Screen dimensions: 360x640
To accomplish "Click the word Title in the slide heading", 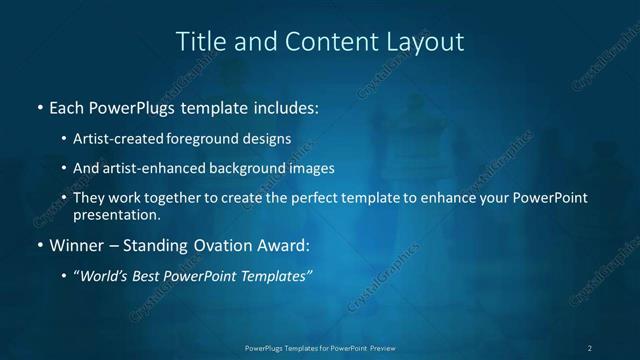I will point(198,42).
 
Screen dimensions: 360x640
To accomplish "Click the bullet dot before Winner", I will point(38,245).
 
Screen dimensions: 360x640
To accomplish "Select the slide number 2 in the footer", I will point(589,348).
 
